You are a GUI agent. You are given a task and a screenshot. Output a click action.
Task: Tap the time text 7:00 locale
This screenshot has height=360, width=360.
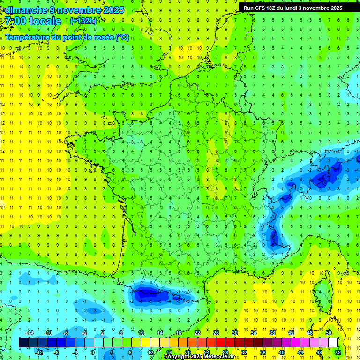pos(33,21)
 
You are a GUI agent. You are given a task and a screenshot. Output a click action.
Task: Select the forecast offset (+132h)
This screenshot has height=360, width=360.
pos(83,21)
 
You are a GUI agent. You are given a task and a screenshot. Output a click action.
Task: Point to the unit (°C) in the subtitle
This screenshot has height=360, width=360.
pos(121,37)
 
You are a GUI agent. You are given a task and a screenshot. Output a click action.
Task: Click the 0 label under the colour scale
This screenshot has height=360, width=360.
pos(93,352)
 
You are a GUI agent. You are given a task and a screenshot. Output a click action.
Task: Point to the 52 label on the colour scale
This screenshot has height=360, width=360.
pos(338,352)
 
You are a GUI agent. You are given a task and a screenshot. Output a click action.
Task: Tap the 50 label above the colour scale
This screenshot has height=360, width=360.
pos(328,333)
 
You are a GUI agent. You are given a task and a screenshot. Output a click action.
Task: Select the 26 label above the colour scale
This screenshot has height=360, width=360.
pos(216,333)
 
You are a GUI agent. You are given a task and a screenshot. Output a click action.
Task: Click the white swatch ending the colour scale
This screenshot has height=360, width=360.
pos(333,343)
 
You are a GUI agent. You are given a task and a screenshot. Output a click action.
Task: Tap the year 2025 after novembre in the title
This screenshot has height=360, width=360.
pos(113,10)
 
